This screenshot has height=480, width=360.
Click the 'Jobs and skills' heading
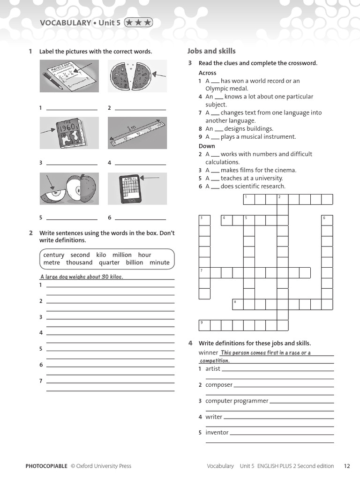point(211,51)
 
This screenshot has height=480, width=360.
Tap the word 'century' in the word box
point(54,255)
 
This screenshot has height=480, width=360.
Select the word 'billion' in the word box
point(134,262)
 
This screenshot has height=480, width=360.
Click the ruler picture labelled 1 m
point(137,133)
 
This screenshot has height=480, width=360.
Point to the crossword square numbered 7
point(204,273)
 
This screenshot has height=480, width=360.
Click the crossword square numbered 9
point(204,325)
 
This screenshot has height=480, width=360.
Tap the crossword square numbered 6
point(327,220)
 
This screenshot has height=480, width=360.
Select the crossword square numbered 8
point(238,304)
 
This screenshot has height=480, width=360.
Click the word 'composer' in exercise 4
point(219,385)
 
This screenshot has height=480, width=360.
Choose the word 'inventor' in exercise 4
point(217,433)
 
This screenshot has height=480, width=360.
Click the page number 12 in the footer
point(347,466)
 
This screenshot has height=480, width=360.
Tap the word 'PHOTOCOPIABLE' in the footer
point(46,466)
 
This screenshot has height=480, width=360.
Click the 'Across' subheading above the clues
point(208,73)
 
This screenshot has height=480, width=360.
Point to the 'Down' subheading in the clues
point(207,146)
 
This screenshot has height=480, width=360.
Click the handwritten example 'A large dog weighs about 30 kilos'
point(82,277)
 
